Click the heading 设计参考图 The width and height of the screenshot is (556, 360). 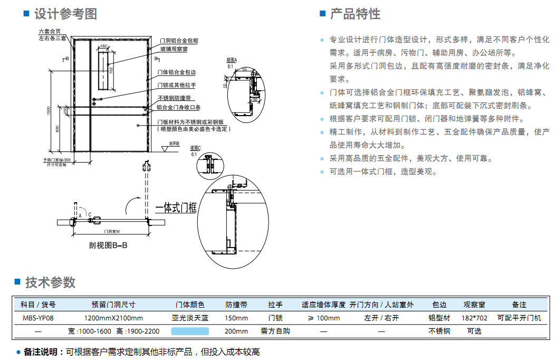pos(65,14)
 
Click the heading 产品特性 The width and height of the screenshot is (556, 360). pos(355,14)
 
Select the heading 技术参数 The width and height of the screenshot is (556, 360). pos(51,282)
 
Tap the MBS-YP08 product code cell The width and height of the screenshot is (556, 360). pos(38,318)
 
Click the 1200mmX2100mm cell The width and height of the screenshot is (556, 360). pos(113,318)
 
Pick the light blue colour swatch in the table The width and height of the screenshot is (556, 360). pos(190,331)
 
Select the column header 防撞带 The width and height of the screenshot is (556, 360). pos(237,305)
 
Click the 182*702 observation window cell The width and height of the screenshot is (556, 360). pos(474,318)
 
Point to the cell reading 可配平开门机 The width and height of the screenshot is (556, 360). pos(519,318)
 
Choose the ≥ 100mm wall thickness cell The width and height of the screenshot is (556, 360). pos(323,318)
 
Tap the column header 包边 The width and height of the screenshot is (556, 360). pos(439,305)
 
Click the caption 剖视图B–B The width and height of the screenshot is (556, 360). pos(108,246)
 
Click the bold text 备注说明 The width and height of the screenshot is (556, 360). pos(42,352)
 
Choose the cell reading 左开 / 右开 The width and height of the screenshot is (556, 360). pos(381,318)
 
